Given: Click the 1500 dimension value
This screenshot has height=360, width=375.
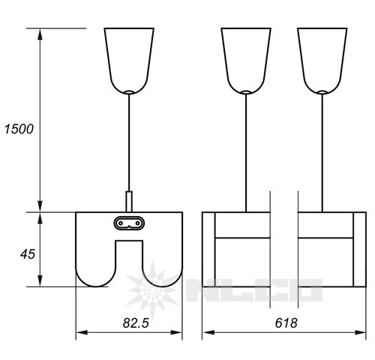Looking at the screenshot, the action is click(19, 129).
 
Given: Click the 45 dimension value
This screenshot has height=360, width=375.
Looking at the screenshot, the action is click(28, 254).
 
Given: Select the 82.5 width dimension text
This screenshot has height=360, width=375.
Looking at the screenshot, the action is click(136, 322).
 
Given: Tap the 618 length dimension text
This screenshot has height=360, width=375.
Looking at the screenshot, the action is click(286, 322).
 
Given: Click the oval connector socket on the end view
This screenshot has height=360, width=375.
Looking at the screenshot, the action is click(129, 223).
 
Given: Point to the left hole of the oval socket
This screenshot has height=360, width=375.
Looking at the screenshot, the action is click(121, 223).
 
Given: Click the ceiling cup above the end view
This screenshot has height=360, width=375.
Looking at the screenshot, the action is click(129, 61).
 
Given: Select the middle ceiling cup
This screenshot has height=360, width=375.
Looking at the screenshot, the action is click(246, 61).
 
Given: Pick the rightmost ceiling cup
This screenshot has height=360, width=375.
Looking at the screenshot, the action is click(322, 61).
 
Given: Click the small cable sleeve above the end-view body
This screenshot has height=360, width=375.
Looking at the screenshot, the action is click(129, 202).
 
